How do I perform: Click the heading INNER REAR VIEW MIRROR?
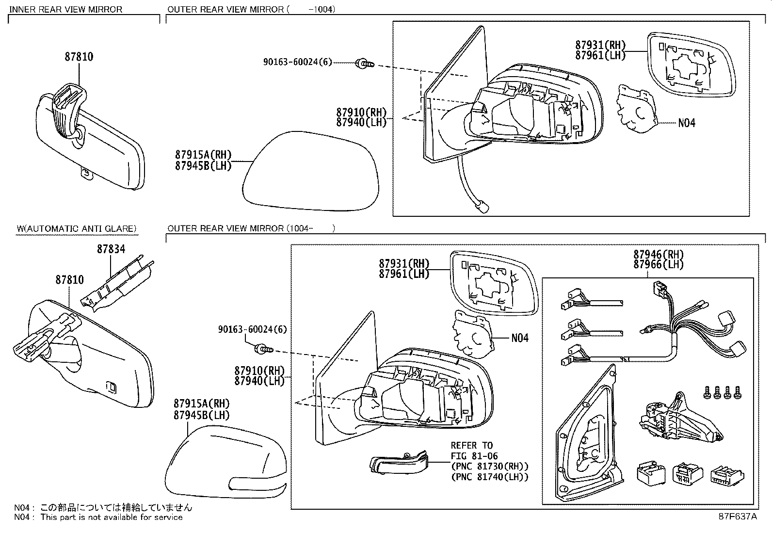click(66, 9)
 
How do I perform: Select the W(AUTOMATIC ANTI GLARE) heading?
click(77, 228)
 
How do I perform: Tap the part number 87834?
click(111, 249)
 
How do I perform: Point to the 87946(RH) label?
click(658, 254)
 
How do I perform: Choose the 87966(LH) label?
click(658, 264)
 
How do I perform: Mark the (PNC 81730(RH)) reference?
click(489, 466)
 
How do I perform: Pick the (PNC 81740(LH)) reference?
click(489, 477)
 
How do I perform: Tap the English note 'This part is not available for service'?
click(112, 517)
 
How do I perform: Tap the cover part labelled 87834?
click(119, 284)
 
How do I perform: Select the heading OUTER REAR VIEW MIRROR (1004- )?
click(251, 228)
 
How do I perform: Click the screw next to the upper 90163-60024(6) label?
click(365, 63)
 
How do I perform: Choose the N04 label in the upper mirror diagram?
click(686, 123)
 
